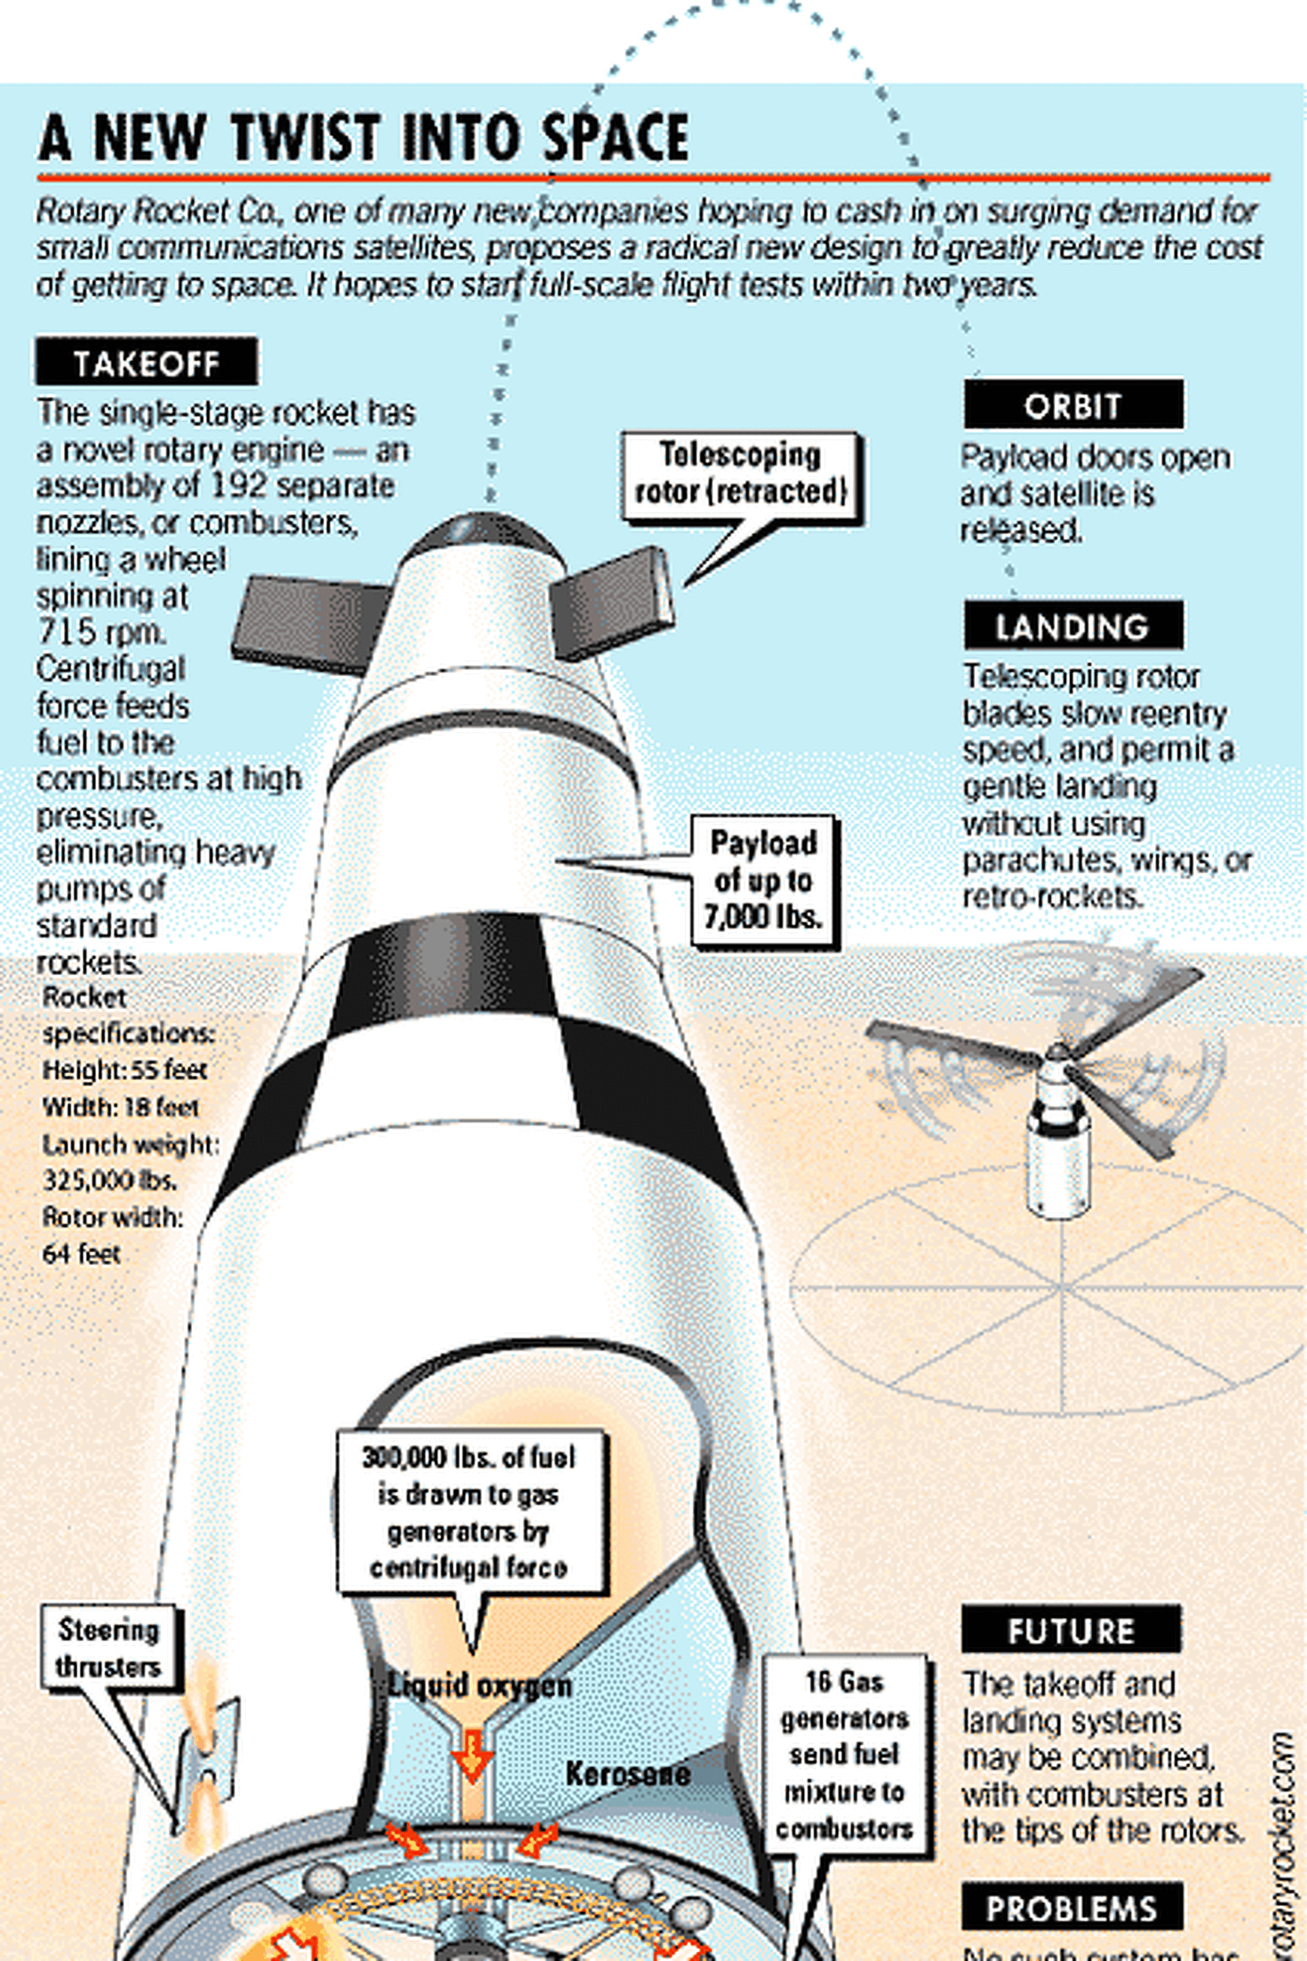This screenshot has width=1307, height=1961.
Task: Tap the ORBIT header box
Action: click(x=1073, y=406)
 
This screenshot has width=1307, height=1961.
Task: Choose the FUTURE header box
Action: click(x=1071, y=1630)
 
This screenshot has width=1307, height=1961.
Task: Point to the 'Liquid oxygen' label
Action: click(x=480, y=1686)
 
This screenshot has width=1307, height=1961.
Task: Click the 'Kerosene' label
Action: click(x=628, y=1773)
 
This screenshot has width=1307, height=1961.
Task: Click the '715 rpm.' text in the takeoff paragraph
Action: click(x=101, y=632)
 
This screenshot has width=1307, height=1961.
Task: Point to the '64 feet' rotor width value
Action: click(x=82, y=1253)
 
